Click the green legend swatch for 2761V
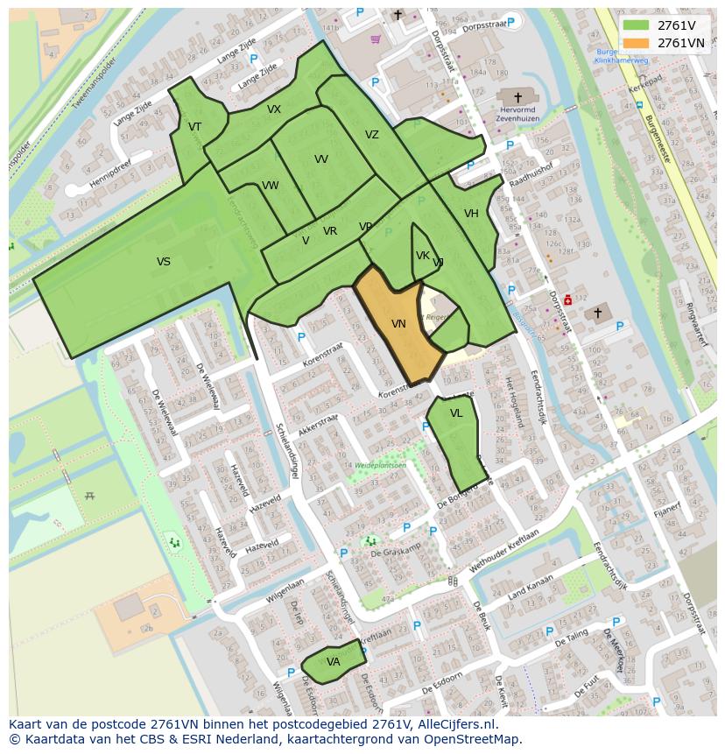coord(636,25)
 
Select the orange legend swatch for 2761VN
coord(636,43)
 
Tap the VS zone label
coord(164,262)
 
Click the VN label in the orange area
coord(398,324)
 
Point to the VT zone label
coord(194,127)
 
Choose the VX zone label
coord(274,109)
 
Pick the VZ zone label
coord(372,135)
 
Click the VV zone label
coord(321,159)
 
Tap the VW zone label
coord(270,186)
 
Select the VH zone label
coord(471,214)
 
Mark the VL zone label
coord(456,413)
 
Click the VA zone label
coord(333,662)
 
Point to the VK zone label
coord(423,256)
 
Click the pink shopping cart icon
coord(376,39)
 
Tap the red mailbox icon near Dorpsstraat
coord(567,299)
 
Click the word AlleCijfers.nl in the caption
coord(456,725)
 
